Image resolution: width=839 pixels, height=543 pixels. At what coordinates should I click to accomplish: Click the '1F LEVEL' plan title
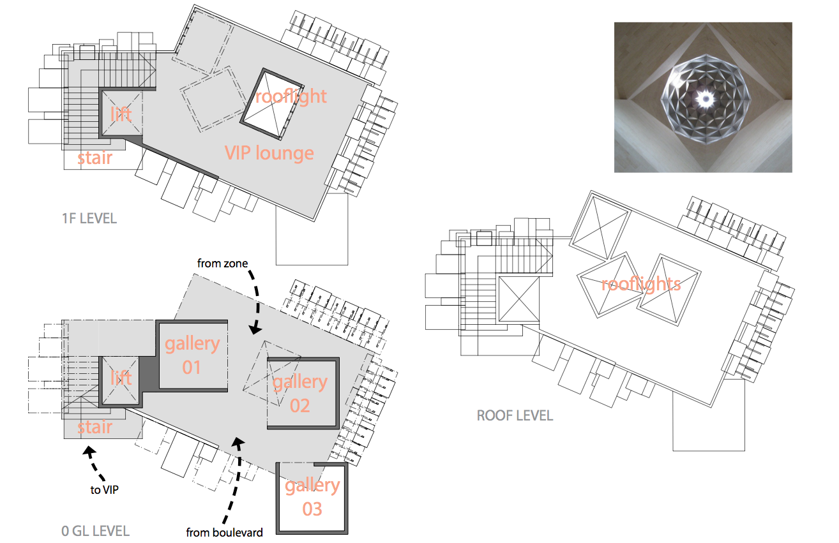pyautogui.click(x=89, y=218)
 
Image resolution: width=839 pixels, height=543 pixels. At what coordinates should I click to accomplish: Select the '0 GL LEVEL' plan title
pyautogui.click(x=95, y=531)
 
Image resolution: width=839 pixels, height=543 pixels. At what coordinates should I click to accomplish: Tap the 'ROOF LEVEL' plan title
pyautogui.click(x=515, y=416)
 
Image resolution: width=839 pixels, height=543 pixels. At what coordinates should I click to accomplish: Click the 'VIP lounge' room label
pyautogui.click(x=269, y=153)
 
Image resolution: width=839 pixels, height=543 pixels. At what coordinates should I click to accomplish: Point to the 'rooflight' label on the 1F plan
pyautogui.click(x=291, y=97)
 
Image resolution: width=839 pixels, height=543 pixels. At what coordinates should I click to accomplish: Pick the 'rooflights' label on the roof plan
pyautogui.click(x=640, y=284)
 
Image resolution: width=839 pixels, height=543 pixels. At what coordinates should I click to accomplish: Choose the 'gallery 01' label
pyautogui.click(x=192, y=355)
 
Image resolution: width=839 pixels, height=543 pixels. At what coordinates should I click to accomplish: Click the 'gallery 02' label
pyautogui.click(x=300, y=394)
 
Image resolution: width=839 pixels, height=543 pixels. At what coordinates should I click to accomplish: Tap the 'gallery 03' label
pyautogui.click(x=312, y=497)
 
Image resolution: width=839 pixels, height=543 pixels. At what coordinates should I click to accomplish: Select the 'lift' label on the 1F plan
pyautogui.click(x=121, y=114)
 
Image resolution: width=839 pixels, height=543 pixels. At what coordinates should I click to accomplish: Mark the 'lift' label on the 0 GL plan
pyautogui.click(x=121, y=378)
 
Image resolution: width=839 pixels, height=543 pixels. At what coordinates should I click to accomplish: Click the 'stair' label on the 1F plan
pyautogui.click(x=94, y=158)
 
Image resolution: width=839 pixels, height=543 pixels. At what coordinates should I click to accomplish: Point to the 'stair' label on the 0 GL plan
pyautogui.click(x=94, y=427)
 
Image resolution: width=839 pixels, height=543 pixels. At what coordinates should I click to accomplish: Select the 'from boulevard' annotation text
pyautogui.click(x=225, y=532)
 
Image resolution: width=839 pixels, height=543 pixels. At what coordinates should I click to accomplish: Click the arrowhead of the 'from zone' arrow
pyautogui.click(x=255, y=330)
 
